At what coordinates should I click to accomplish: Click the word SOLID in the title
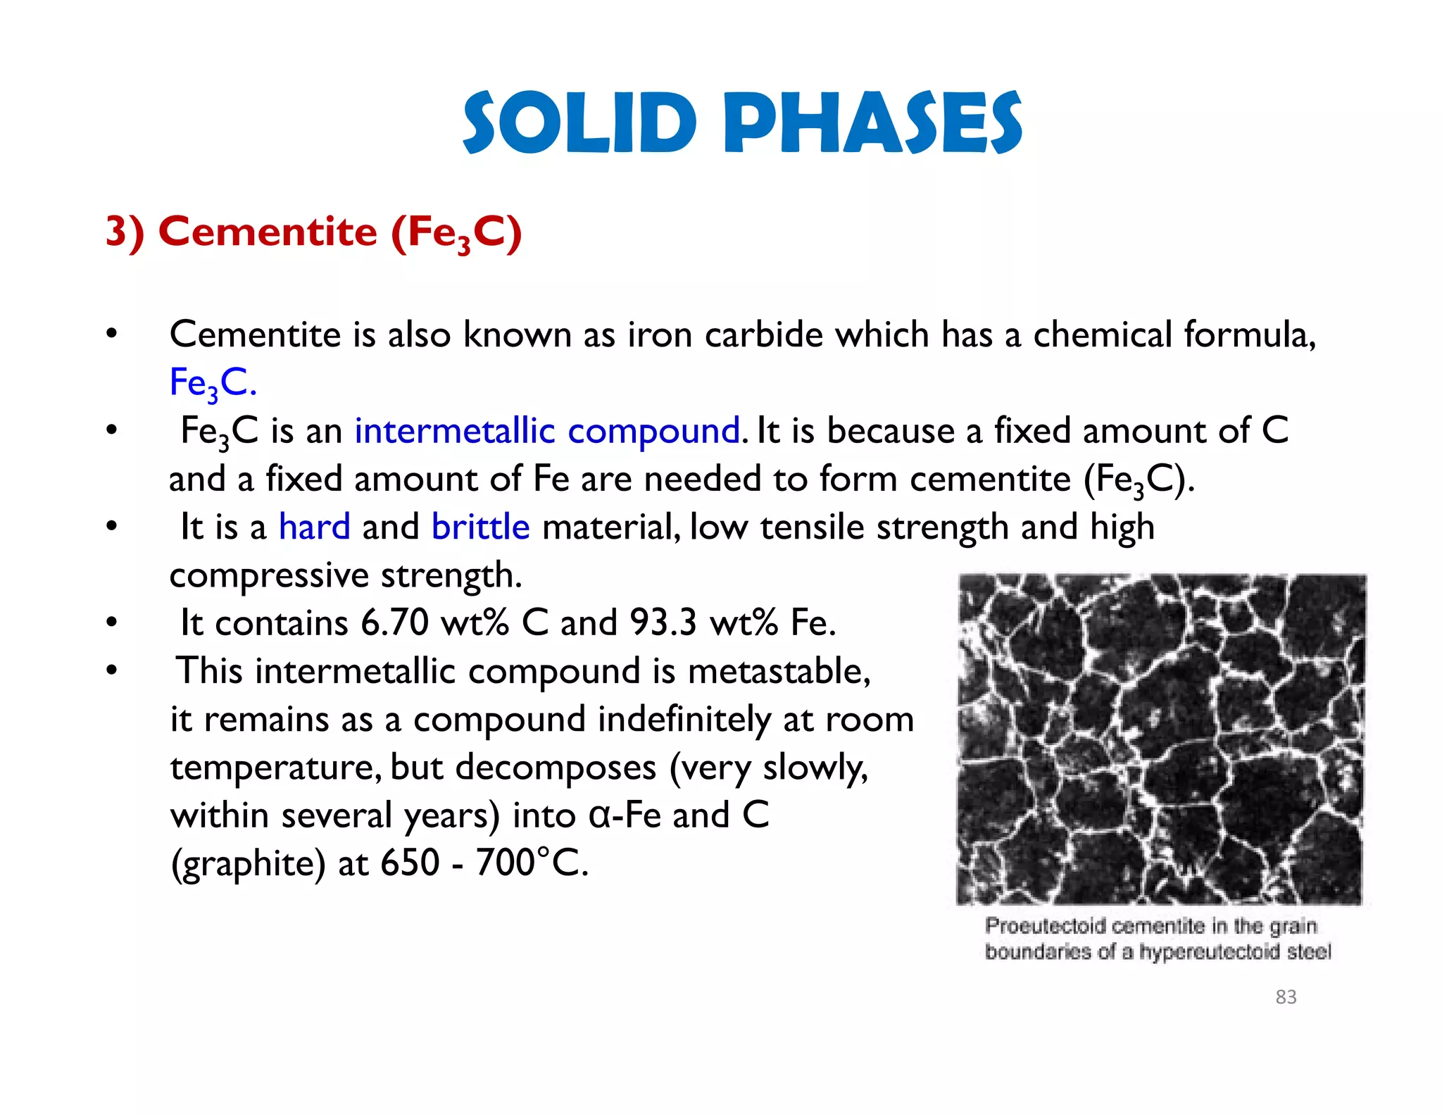coord(579,123)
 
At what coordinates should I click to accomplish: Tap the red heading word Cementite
coord(268,232)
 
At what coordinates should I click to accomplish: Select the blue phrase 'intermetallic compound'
coord(547,431)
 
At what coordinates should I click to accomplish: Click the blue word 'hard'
coord(314,527)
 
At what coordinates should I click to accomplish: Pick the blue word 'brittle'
coord(480,527)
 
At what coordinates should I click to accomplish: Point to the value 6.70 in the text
coord(394,622)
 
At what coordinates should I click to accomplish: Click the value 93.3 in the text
coord(663,622)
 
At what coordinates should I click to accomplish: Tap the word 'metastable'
coord(779,671)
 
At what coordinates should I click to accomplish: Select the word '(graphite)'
coord(248,863)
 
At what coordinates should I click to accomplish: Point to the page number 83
coord(1286,996)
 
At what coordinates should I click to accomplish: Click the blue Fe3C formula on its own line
coord(213,384)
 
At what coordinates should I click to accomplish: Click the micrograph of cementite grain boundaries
coord(1160,739)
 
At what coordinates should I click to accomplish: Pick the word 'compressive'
coord(269,576)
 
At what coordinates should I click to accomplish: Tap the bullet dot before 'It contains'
coord(111,622)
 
